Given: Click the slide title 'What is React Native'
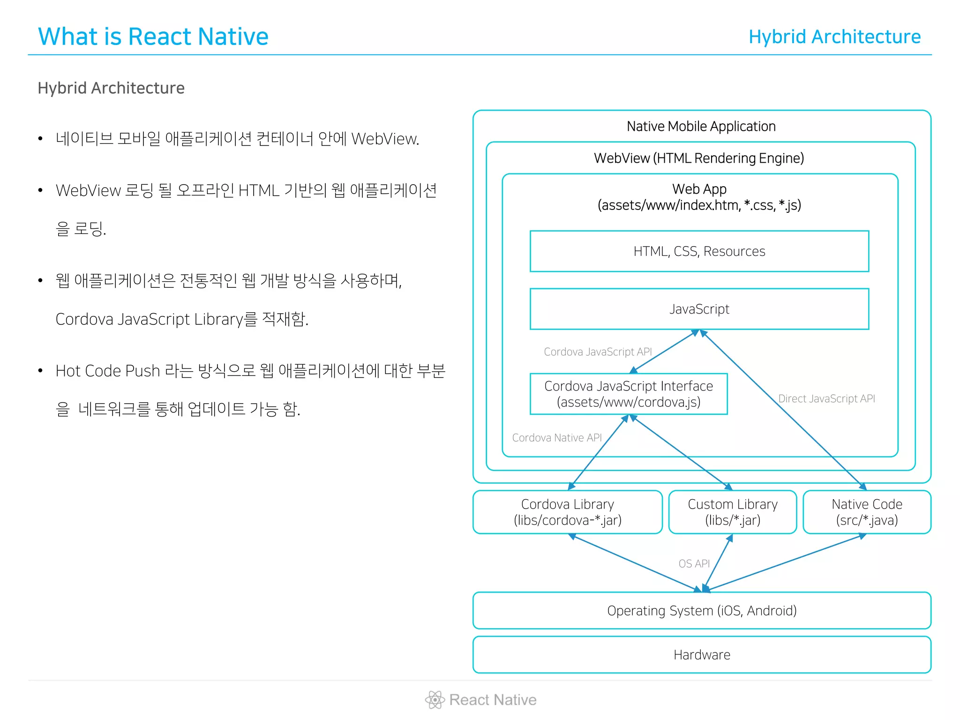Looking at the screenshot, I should (x=153, y=37).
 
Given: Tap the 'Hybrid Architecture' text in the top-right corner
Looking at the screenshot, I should (x=834, y=37).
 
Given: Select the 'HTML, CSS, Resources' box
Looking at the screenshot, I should (x=699, y=251).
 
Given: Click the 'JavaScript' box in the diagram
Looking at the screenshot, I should (x=699, y=309).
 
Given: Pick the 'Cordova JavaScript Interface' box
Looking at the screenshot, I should (x=628, y=394).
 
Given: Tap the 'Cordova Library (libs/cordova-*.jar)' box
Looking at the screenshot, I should (x=567, y=512).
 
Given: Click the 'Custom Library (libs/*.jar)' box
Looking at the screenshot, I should (x=732, y=512).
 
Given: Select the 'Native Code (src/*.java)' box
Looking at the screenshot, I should (x=867, y=512).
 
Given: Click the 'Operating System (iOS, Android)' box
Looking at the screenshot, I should (x=702, y=610).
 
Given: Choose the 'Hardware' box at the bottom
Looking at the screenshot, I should (x=702, y=654).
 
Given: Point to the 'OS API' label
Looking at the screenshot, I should (x=694, y=563).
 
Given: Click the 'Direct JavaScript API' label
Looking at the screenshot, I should (x=826, y=398).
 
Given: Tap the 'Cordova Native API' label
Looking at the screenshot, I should (x=556, y=437).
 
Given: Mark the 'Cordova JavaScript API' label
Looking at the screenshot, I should (x=598, y=352).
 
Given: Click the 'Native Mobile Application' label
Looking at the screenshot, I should (x=701, y=126).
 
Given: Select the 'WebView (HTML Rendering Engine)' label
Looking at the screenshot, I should (x=698, y=158).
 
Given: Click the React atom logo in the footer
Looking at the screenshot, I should (x=435, y=699).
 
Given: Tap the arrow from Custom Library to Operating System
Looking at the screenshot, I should (x=718, y=562).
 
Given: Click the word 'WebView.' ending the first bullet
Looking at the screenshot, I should (x=385, y=139).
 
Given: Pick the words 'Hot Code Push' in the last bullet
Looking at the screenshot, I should (x=108, y=371).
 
